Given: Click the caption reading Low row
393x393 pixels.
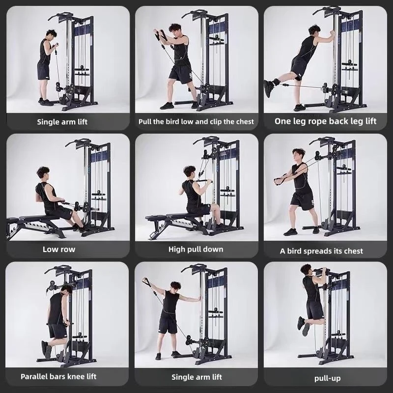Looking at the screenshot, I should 59,250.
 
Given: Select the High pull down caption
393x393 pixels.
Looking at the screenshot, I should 196,250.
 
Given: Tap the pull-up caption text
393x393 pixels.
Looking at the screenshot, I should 327,378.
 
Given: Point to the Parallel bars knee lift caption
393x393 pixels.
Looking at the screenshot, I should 58,377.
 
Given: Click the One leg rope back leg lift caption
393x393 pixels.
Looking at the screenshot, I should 325,121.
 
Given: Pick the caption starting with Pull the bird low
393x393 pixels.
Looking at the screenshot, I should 196,121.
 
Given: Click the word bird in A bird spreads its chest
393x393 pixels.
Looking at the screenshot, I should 298,251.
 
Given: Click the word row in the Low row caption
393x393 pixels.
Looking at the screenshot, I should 68,250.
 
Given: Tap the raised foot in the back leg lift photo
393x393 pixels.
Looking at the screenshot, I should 269,88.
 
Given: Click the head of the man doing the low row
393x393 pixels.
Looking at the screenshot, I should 43,173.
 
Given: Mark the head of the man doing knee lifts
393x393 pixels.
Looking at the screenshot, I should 66,289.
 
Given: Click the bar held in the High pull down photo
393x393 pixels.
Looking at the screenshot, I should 202,181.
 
